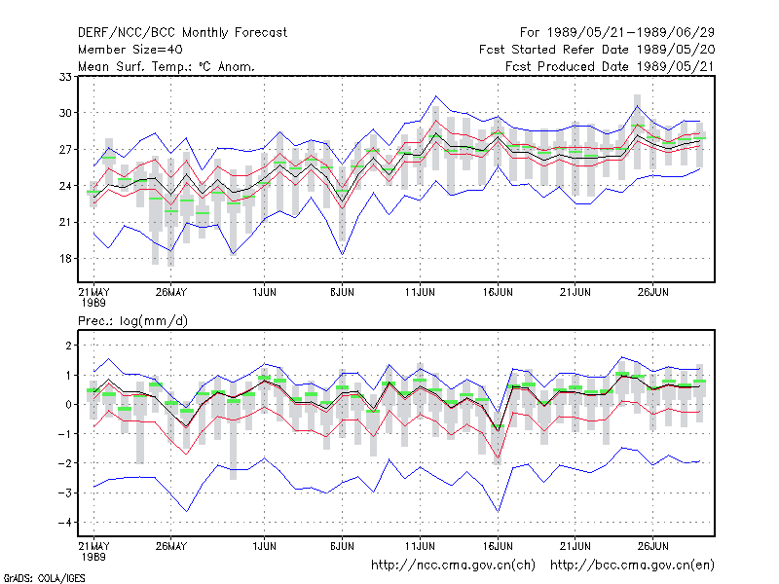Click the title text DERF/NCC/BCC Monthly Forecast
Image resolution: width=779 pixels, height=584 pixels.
coord(182,33)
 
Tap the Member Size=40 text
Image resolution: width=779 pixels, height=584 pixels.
coord(130,50)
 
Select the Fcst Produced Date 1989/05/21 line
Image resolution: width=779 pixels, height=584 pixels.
coord(610,66)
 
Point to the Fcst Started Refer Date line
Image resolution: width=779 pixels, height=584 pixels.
coord(597,50)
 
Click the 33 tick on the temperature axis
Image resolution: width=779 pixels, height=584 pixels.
coord(65,77)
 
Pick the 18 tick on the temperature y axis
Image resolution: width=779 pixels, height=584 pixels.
coord(65,259)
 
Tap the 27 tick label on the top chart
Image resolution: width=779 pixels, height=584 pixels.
coord(65,150)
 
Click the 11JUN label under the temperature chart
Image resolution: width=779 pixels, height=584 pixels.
coord(420,292)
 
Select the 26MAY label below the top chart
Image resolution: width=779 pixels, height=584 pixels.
coord(171,292)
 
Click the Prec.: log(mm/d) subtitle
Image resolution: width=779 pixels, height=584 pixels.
coord(132,321)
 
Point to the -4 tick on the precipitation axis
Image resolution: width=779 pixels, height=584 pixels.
coord(64,523)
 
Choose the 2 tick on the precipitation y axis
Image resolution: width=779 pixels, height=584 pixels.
coord(68,346)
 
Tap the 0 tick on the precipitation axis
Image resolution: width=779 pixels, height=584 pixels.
coord(68,404)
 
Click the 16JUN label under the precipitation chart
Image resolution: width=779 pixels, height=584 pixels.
coord(498,546)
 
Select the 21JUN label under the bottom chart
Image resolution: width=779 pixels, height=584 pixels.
coord(575,546)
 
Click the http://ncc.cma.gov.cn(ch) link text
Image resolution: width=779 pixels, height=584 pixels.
coord(453,566)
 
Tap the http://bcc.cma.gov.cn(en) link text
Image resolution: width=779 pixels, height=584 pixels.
coord(632,566)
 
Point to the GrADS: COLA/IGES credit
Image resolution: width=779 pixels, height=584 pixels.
coord(44,578)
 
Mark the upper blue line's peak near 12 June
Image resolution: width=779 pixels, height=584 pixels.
coord(435,95)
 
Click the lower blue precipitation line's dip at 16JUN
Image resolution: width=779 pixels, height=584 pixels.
coord(498,511)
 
